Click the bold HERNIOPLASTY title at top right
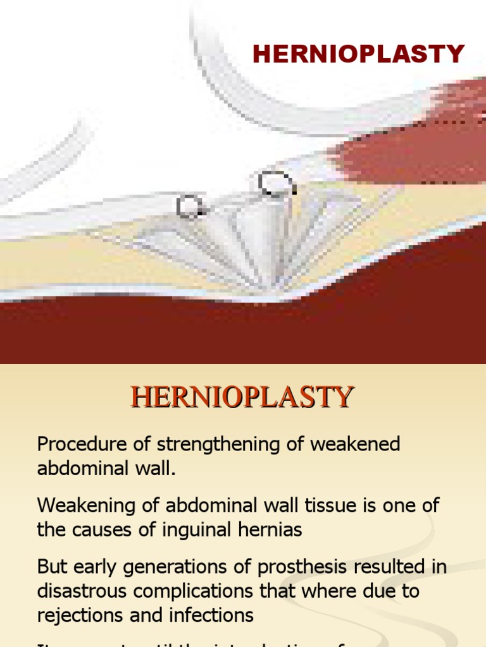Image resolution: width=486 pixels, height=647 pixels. click(359, 54)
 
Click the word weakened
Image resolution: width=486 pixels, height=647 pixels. click(355, 444)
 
